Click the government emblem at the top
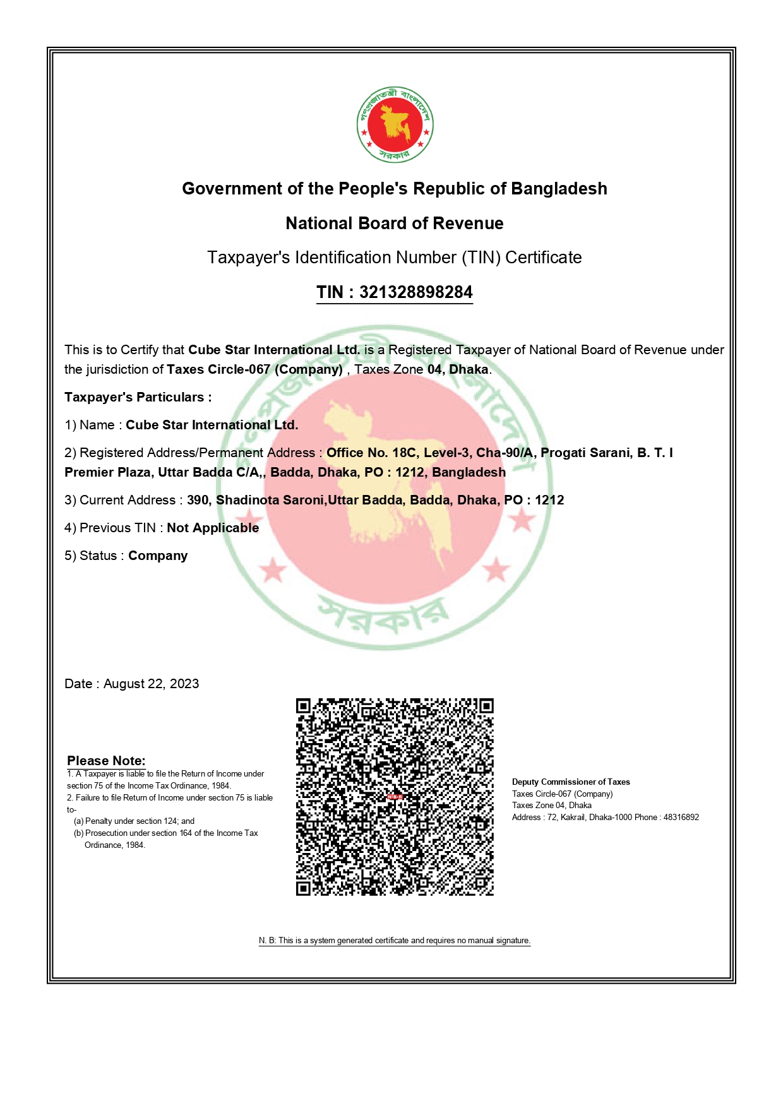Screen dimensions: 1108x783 [x=395, y=124]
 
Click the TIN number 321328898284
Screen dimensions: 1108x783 [x=415, y=292]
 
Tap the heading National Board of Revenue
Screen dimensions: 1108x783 [x=395, y=223]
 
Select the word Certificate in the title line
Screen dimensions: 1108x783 [x=543, y=258]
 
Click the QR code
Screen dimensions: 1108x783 [x=395, y=797]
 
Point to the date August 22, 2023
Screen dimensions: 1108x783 [x=151, y=684]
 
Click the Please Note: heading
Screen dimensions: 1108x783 [x=106, y=761]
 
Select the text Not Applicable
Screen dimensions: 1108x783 [x=213, y=528]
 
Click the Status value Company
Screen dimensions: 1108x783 [x=158, y=556]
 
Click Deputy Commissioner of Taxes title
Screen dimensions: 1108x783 [x=571, y=782]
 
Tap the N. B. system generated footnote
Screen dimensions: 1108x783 [x=395, y=941]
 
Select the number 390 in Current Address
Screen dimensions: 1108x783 [x=197, y=500]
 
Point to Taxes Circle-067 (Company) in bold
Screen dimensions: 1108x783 [x=254, y=369]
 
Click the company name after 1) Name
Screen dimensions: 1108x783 [x=212, y=425]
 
